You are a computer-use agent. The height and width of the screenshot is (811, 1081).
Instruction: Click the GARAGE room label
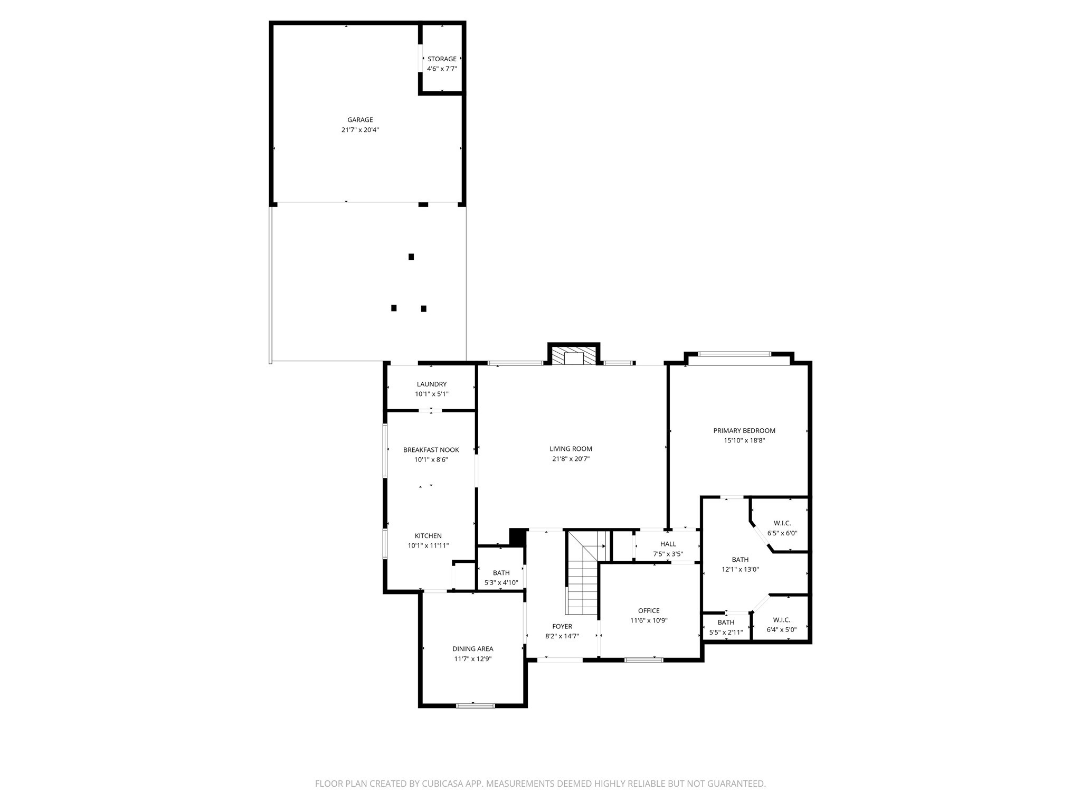click(360, 120)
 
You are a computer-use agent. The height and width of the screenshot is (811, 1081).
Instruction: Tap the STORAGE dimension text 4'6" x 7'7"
click(442, 69)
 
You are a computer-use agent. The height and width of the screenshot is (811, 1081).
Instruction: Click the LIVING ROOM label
click(571, 449)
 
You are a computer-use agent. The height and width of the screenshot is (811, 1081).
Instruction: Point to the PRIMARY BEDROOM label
click(744, 430)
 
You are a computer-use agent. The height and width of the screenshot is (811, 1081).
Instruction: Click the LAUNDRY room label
click(431, 384)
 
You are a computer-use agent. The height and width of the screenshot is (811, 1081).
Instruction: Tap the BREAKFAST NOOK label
click(431, 450)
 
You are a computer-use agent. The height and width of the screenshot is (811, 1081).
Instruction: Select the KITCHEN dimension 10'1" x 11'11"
click(428, 545)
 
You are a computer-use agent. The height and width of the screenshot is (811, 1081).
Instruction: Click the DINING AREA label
click(472, 649)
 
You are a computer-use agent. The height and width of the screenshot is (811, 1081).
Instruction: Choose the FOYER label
click(562, 626)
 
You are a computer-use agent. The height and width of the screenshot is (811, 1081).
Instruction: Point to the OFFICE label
click(649, 611)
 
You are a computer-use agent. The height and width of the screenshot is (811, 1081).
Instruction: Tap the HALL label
click(668, 544)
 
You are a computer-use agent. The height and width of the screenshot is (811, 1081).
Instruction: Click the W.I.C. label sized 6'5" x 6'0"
click(782, 523)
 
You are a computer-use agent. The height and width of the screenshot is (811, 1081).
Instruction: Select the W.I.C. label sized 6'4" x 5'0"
click(781, 620)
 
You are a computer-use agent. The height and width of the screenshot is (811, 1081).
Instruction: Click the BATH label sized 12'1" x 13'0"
click(740, 560)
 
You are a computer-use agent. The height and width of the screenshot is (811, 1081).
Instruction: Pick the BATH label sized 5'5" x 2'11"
click(726, 623)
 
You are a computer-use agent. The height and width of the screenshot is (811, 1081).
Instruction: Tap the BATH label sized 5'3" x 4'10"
click(501, 573)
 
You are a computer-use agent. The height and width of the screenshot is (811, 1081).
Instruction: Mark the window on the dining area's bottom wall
click(475, 705)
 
